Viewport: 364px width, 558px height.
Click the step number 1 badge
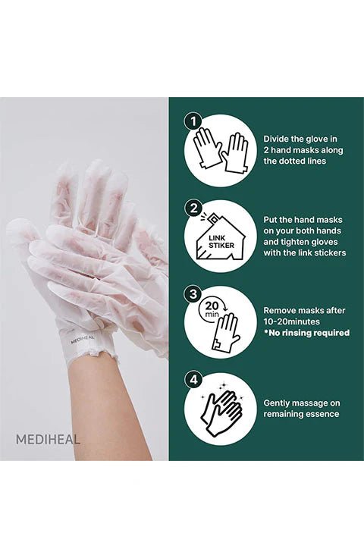point(193,121)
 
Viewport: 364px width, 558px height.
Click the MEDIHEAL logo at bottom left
point(48,438)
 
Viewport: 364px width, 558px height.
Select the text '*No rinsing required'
point(306,333)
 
